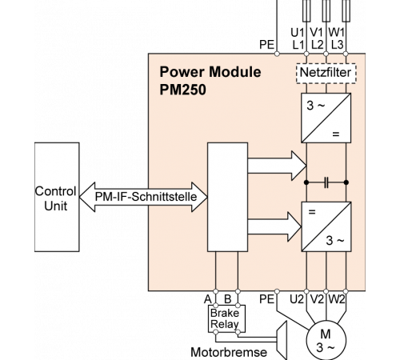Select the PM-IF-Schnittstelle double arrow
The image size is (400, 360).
pos(143,197)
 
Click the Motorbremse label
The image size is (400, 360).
pos(229,352)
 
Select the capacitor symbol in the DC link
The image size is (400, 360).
pos(326,182)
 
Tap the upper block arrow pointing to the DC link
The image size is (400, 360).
pos(277,166)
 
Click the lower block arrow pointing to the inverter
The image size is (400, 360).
pos(274,226)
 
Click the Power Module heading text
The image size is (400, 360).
pos(210,72)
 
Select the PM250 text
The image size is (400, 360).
pos(182,90)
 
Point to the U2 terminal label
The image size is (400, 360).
pos(297,299)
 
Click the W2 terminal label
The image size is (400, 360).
pos(337,299)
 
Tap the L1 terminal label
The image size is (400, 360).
pos(298,45)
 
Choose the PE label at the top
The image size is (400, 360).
pos(266,45)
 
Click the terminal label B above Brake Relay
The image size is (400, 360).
pos(227,299)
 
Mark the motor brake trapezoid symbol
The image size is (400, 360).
pos(282,340)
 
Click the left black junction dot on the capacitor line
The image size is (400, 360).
pos(306,182)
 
